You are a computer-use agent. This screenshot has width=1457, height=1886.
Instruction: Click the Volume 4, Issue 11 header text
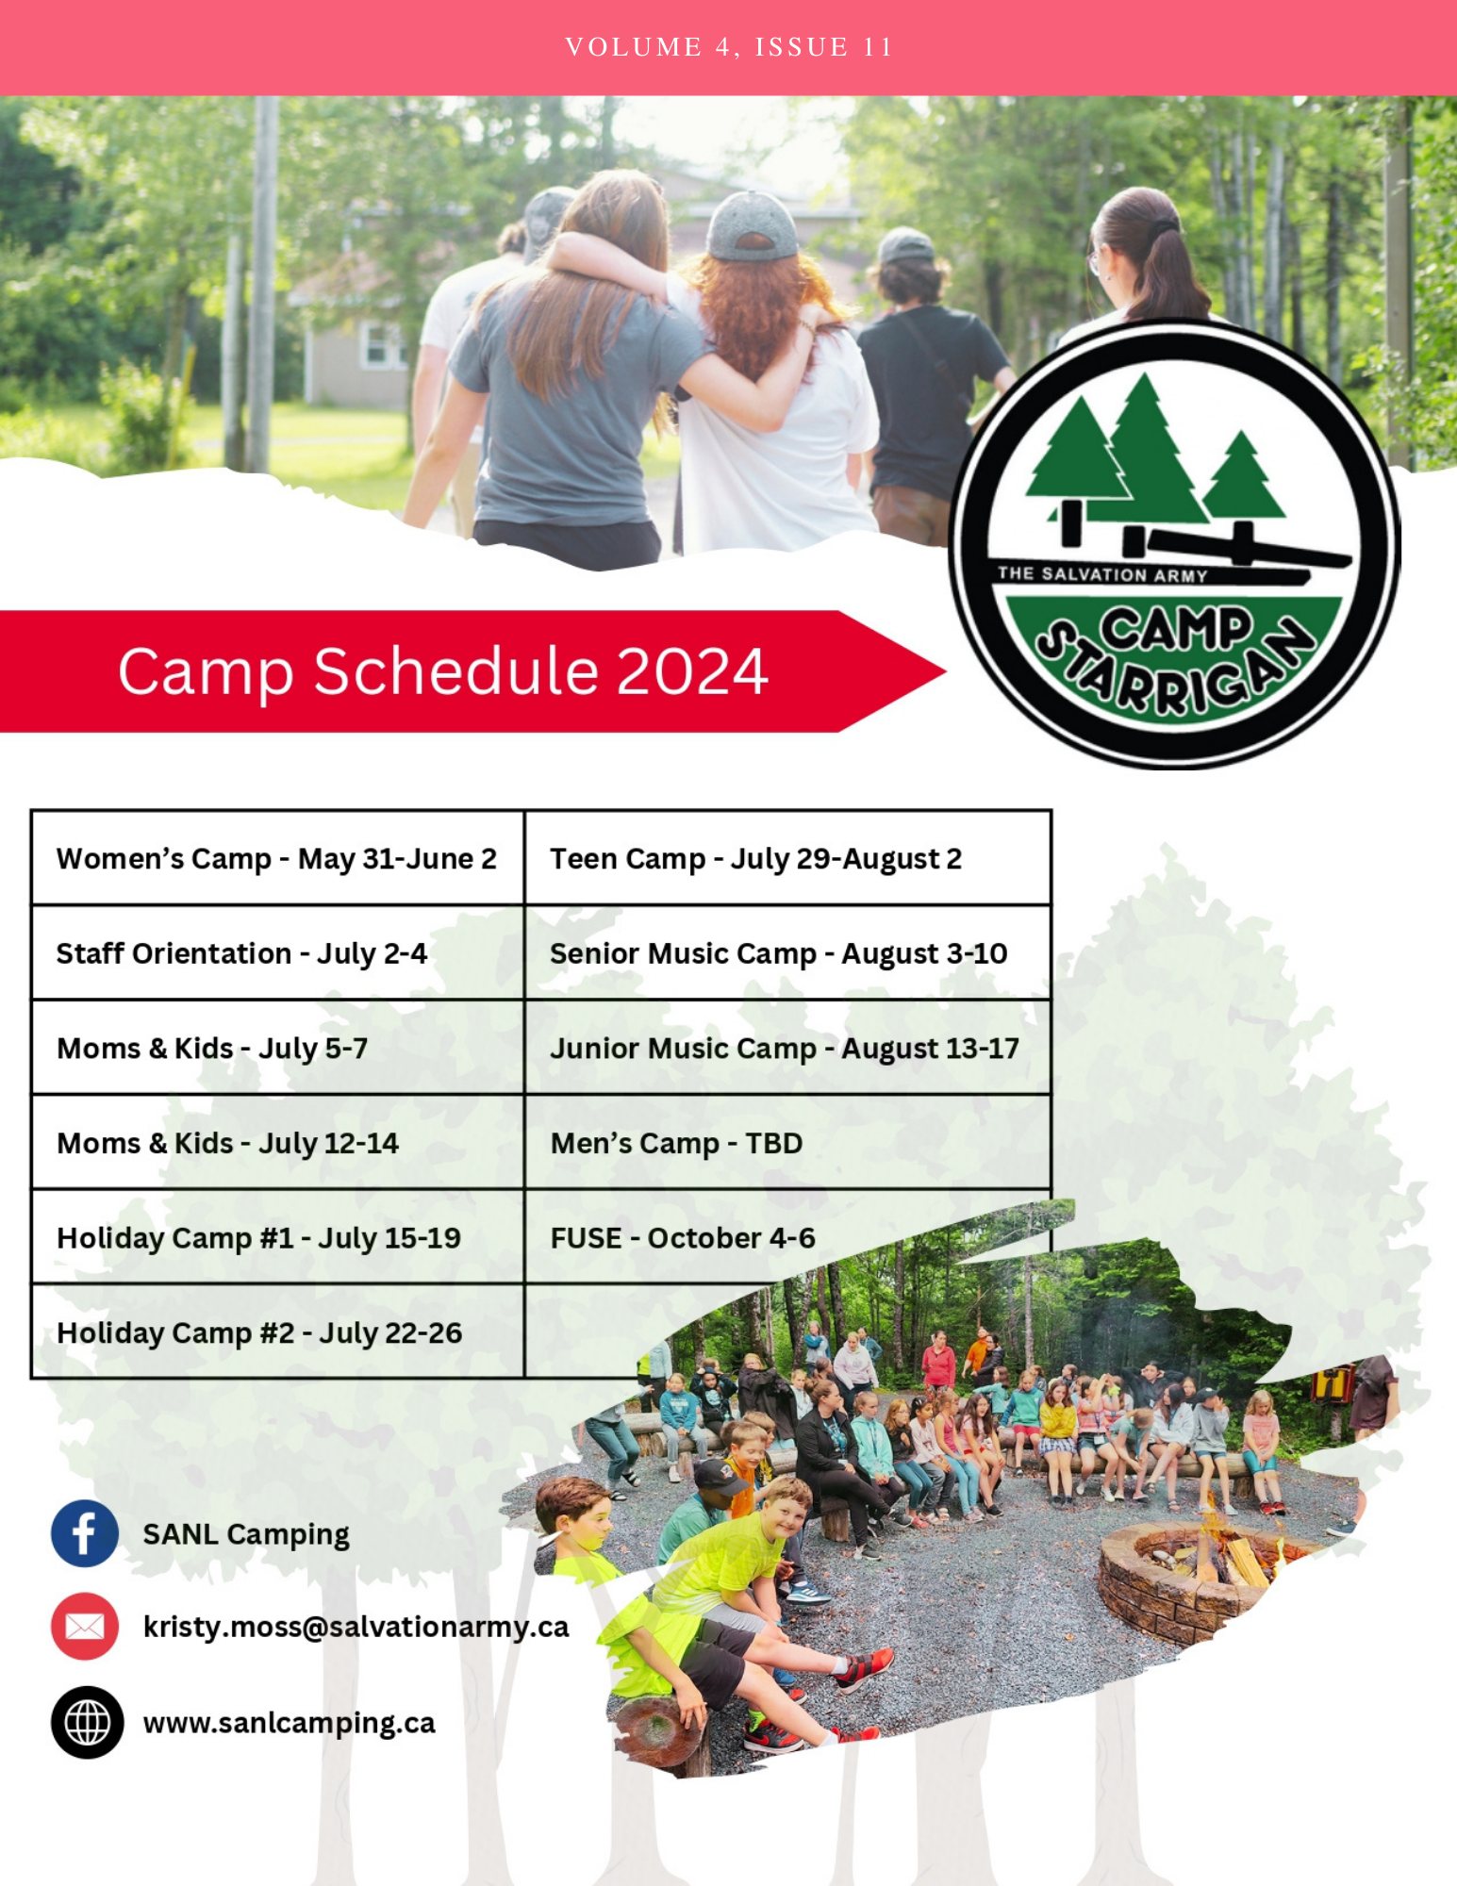(728, 47)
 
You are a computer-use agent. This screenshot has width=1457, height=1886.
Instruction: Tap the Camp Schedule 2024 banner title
(442, 671)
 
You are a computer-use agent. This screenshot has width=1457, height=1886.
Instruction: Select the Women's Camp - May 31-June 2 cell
(277, 858)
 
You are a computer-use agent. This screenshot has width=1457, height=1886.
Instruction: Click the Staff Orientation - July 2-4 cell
(277, 952)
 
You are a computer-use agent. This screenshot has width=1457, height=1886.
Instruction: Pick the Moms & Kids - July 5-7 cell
(277, 1048)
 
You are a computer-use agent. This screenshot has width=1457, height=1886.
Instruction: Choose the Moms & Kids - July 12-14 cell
(277, 1142)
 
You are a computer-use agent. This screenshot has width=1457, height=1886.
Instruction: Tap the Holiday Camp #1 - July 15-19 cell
(277, 1237)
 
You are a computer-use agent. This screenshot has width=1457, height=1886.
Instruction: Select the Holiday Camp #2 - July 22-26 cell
(277, 1332)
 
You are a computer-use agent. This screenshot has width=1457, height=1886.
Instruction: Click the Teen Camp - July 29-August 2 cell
(787, 858)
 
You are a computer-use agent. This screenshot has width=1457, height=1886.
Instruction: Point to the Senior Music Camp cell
(787, 952)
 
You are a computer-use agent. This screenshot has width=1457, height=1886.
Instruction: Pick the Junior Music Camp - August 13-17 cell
(787, 1048)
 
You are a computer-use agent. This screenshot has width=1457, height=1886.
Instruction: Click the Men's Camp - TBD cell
(787, 1142)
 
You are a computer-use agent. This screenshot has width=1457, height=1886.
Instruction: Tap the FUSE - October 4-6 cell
(787, 1237)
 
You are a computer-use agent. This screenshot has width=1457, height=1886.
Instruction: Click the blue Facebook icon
(85, 1533)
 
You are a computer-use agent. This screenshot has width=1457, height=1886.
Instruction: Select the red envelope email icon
(85, 1627)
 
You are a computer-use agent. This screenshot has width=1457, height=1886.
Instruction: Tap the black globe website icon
(87, 1723)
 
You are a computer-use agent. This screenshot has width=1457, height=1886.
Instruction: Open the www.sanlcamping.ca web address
(289, 1724)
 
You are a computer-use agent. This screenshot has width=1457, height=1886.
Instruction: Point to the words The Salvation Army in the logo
(1102, 573)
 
